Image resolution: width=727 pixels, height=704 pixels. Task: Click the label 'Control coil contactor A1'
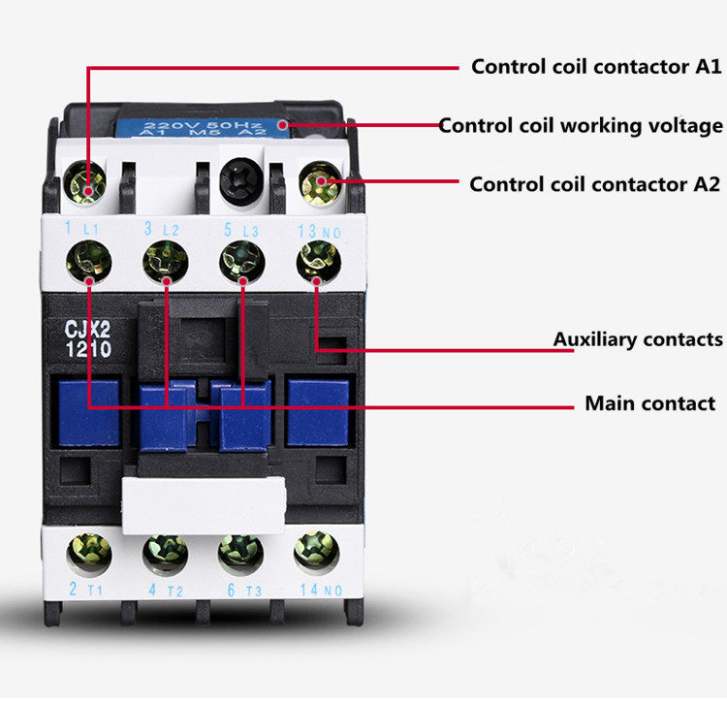click(595, 67)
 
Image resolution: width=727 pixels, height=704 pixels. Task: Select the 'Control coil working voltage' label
click(581, 126)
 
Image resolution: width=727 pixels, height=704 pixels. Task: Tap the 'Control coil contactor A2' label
click(594, 184)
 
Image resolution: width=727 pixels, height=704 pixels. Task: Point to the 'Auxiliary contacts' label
click(638, 339)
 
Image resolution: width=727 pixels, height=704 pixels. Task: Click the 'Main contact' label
click(649, 403)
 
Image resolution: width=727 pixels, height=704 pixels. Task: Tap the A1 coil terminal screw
click(88, 181)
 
